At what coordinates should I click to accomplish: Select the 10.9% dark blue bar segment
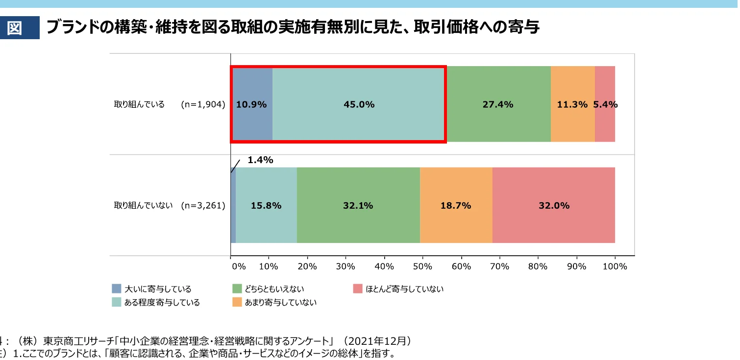click(252, 104)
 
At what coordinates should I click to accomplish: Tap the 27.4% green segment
click(498, 104)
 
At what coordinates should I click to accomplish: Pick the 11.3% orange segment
click(572, 104)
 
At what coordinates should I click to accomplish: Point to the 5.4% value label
click(606, 104)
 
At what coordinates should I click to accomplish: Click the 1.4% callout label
click(260, 160)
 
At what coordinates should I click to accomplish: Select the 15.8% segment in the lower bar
click(266, 206)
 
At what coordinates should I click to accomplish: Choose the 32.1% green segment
click(358, 206)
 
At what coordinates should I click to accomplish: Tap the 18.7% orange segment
click(456, 206)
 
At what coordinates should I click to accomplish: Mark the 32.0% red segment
click(554, 206)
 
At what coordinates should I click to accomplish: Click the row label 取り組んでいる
click(139, 104)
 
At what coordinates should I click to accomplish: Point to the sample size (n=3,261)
click(203, 206)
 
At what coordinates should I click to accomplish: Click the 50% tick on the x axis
click(422, 266)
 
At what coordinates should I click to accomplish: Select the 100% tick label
click(615, 266)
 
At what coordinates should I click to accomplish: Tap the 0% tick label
click(239, 266)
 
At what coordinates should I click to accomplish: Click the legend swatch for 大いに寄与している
click(117, 288)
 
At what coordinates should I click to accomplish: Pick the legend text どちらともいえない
click(275, 289)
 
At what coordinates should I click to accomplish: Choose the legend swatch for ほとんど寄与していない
click(357, 288)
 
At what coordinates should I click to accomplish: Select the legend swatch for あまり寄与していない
click(237, 302)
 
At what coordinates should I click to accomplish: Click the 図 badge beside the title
click(15, 28)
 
